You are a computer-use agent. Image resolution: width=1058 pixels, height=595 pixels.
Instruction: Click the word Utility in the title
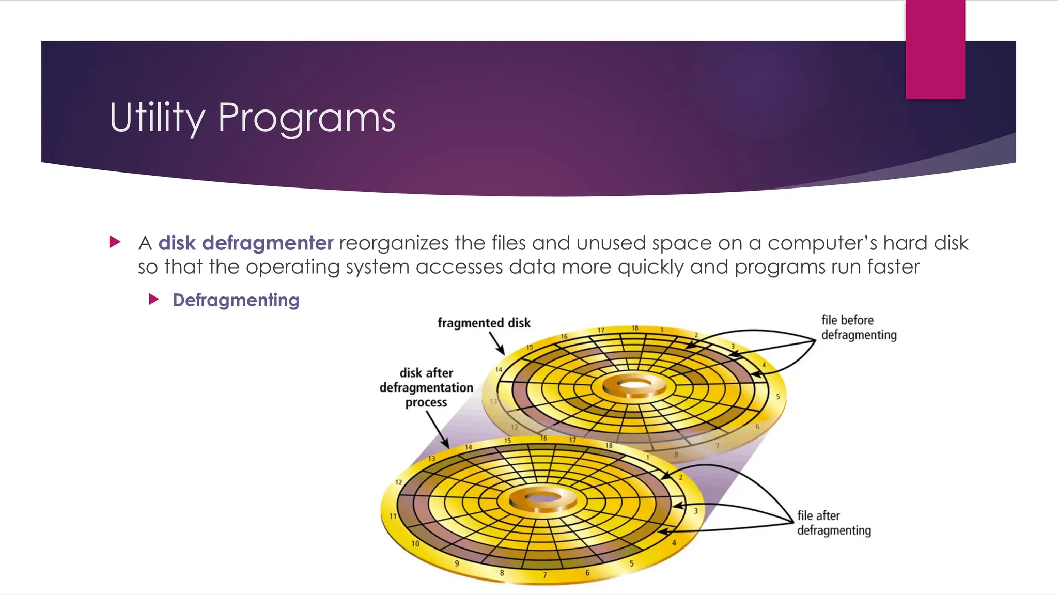click(x=157, y=118)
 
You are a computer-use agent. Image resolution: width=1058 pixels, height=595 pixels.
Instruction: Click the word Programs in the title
click(x=306, y=118)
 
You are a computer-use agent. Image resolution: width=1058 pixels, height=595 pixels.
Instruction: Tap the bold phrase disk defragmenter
click(x=245, y=243)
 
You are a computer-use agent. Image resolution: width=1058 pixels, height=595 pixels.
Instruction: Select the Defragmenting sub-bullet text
click(x=236, y=300)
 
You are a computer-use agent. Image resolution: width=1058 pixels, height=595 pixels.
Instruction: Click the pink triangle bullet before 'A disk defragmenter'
click(x=115, y=242)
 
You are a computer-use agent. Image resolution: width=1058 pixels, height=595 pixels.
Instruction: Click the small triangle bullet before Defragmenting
click(x=153, y=299)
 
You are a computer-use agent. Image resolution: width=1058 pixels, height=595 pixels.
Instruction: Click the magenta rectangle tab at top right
click(x=935, y=49)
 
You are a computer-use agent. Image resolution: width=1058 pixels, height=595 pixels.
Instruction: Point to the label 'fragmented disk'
click(x=484, y=323)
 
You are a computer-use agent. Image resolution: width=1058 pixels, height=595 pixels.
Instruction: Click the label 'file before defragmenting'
click(x=859, y=327)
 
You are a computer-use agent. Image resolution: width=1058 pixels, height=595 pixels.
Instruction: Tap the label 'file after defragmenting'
click(x=833, y=523)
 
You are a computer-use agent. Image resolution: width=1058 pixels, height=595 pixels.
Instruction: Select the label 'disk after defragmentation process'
click(x=426, y=387)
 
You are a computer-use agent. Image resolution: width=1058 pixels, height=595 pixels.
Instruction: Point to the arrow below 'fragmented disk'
click(x=496, y=343)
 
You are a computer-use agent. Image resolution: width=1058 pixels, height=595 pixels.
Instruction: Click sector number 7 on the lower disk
click(x=544, y=575)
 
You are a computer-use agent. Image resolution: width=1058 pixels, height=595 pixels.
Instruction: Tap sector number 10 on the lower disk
click(x=415, y=543)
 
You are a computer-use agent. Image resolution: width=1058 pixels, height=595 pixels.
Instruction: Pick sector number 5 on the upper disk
click(x=777, y=397)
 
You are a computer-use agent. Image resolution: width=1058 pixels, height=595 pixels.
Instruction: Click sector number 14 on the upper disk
click(x=499, y=369)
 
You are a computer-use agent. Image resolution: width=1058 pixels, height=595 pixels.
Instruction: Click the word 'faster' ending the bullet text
click(x=894, y=267)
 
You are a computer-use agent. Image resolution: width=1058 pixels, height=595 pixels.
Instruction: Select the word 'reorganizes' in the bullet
click(x=394, y=243)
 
